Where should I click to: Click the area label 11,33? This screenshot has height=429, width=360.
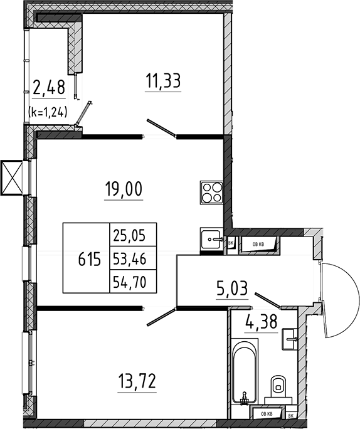[x=163, y=81]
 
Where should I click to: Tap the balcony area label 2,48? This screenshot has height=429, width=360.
[x=49, y=87]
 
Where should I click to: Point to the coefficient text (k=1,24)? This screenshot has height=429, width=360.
[x=48, y=112]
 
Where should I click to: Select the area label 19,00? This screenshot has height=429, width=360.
[x=124, y=189]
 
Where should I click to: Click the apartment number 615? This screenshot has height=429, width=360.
[x=90, y=259]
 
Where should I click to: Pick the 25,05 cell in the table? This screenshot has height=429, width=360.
[x=133, y=235]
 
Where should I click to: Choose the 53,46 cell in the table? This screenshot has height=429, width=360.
[x=133, y=258]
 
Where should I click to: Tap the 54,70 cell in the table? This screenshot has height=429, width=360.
[x=133, y=282]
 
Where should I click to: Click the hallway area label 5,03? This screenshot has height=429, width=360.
[x=232, y=289]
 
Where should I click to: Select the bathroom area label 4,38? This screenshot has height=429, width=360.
[x=262, y=322]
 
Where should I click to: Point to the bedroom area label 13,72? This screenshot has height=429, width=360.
[x=137, y=381]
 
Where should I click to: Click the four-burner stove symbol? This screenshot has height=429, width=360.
[x=211, y=192]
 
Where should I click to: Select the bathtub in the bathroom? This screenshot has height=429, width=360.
[x=245, y=371]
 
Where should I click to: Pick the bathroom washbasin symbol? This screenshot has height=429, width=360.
[x=289, y=339]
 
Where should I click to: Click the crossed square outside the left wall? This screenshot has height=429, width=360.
[x=11, y=177]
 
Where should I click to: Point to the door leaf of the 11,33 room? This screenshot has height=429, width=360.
[x=161, y=127]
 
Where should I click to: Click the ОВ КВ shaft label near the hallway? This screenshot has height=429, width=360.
[x=258, y=244]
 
